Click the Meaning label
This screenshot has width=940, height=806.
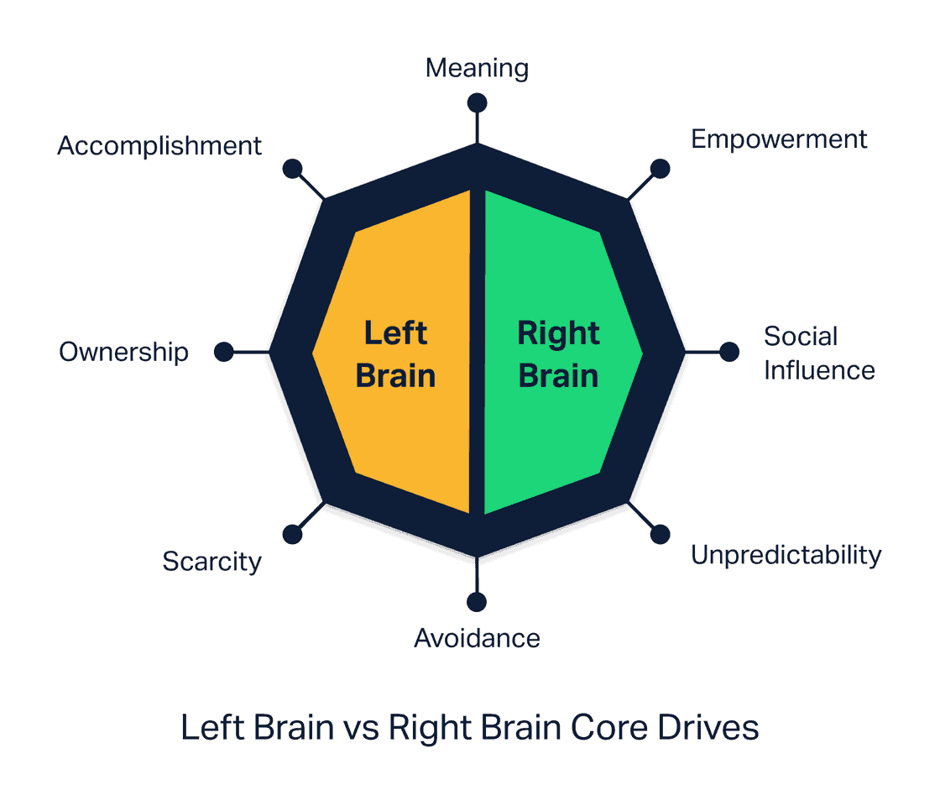(x=477, y=68)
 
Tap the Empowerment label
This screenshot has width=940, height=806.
(x=779, y=139)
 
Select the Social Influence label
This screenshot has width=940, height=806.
(x=818, y=353)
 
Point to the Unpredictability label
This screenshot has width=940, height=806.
(x=786, y=555)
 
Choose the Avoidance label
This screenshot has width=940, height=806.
(x=477, y=639)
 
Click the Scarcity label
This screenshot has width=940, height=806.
(x=211, y=561)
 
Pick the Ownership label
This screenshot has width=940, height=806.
(x=123, y=352)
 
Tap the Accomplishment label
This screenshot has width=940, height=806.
(x=159, y=146)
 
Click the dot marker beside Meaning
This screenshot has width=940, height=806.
(x=477, y=102)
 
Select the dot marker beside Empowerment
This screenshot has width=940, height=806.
(x=661, y=169)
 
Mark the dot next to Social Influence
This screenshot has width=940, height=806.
(x=729, y=352)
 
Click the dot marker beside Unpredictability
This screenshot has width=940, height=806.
(x=661, y=534)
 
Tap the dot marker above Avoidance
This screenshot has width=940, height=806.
(x=477, y=602)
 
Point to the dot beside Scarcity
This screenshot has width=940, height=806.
(x=292, y=534)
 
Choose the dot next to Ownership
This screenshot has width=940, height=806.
(x=223, y=352)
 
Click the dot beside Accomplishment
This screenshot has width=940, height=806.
(x=292, y=169)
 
